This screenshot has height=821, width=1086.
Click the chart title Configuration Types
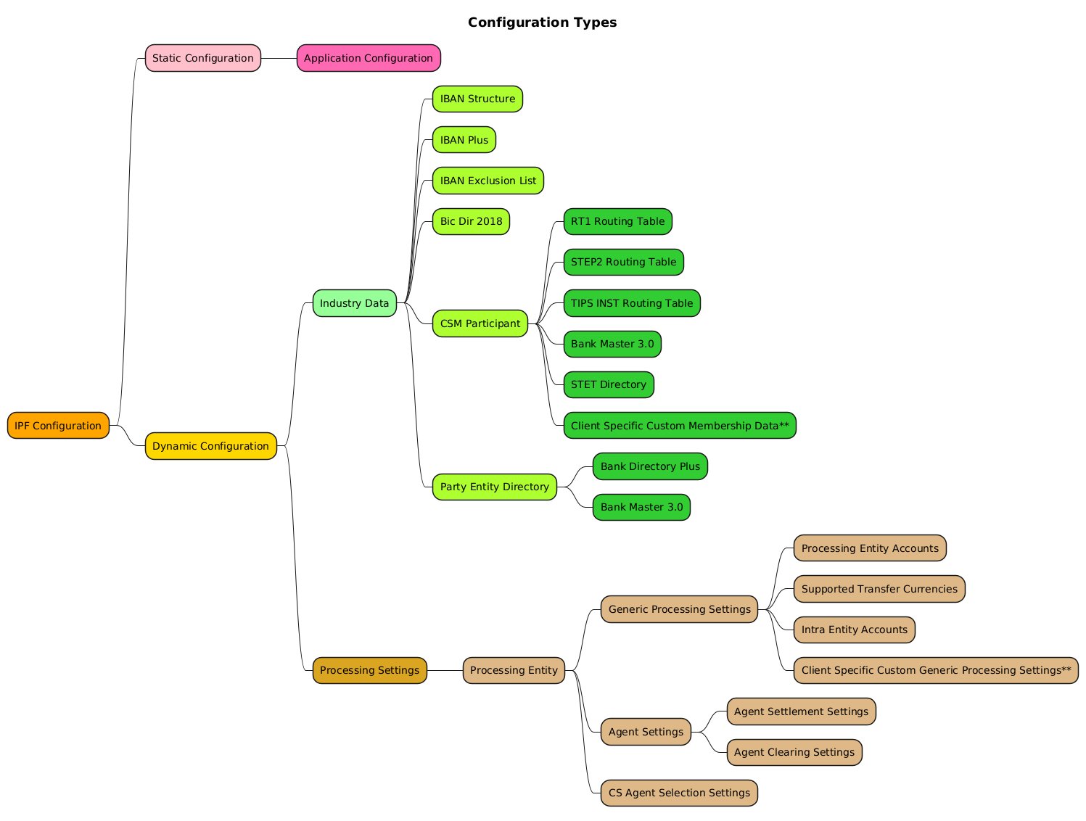pos(542,22)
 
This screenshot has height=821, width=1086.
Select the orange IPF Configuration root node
pos(58,426)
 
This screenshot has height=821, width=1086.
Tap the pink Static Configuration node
pos(202,58)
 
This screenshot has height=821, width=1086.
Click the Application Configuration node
pos(368,58)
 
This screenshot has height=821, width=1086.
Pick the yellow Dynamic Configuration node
pos(210,446)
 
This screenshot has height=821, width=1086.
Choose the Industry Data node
pos(354,303)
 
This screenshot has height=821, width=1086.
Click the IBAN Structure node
pos(477,99)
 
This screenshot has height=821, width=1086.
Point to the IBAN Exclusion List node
pos(488,181)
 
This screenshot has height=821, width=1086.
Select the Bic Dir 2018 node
pos(471,221)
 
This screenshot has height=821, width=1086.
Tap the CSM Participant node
pos(480,323)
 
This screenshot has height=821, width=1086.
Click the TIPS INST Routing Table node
pos(631,303)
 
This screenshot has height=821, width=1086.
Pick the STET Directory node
pos(608,384)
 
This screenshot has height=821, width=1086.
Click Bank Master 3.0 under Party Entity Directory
pos(641,507)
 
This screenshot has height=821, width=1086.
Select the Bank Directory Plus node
pos(649,466)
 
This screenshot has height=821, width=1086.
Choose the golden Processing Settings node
pos(369,670)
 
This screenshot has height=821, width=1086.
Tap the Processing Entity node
pos(514,670)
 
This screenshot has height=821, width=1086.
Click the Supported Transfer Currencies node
pos(879,589)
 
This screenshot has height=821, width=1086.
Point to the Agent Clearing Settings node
pos(794,752)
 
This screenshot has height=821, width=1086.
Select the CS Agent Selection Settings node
pos(679,793)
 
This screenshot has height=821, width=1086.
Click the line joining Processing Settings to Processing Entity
pos(445,670)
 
